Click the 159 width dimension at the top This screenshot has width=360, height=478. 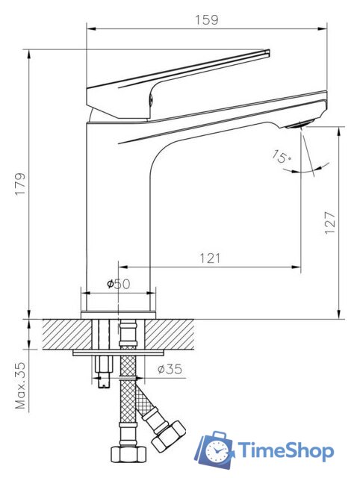(x=207, y=20)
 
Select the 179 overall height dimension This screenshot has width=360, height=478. (x=20, y=184)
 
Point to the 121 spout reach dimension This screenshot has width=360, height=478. (x=209, y=258)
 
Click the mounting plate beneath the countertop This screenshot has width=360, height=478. (x=119, y=351)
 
